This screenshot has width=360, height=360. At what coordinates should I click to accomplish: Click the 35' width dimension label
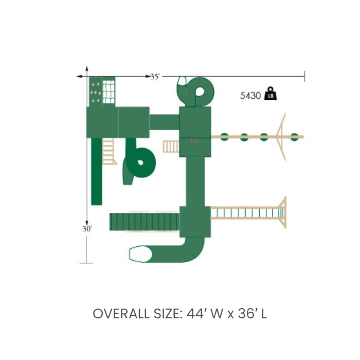155,77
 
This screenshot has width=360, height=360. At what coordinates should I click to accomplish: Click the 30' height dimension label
87,229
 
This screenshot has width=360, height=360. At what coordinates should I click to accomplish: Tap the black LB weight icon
271,94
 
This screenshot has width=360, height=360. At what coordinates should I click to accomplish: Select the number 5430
250,96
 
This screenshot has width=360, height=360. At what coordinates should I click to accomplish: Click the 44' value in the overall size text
195,314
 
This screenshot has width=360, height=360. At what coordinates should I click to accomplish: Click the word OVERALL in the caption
121,314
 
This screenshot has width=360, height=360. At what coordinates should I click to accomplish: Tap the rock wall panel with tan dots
96,92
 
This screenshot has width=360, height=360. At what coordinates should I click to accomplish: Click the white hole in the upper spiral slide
200,92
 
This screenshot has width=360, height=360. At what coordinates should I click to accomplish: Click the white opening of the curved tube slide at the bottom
140,254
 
